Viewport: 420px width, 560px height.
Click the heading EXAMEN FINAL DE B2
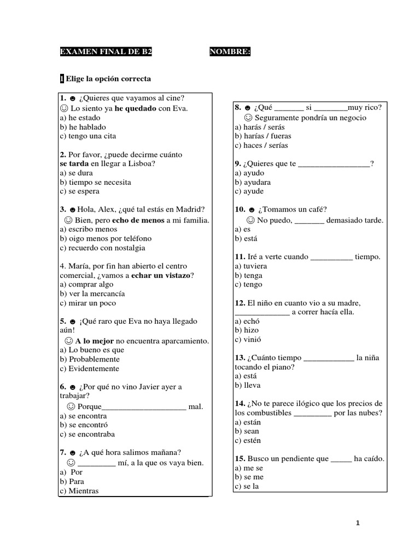[x=106, y=52]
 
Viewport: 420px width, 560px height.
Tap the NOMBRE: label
[x=230, y=52]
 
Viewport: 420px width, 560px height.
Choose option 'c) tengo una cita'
[x=88, y=136]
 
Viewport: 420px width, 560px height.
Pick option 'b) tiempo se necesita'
[x=96, y=182]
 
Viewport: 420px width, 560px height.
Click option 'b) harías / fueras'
[x=263, y=136]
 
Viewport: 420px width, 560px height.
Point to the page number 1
[x=357, y=523]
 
